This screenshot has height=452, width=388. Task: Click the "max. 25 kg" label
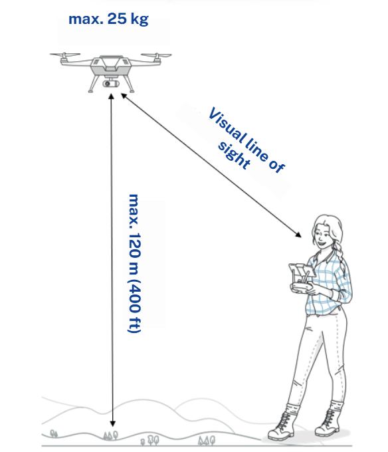tap(108, 19)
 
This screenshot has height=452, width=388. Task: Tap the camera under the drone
tap(111, 84)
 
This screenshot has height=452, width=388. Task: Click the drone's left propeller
tap(65, 55)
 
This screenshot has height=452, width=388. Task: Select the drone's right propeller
tap(156, 55)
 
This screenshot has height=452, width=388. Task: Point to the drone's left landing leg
tap(94, 84)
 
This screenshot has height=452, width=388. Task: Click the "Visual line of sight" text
tap(247, 140)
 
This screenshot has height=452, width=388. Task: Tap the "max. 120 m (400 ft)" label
tap(134, 263)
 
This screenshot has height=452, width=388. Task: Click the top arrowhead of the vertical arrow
tap(111, 96)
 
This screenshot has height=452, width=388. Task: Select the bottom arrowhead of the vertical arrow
tap(113, 423)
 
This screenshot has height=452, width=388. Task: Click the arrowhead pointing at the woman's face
tap(298, 235)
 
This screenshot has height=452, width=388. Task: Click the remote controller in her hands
tap(301, 278)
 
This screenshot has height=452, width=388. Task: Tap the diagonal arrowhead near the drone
tap(124, 96)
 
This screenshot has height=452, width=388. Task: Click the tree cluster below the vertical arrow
tap(110, 435)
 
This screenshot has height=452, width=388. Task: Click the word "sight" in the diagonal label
tap(234, 155)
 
